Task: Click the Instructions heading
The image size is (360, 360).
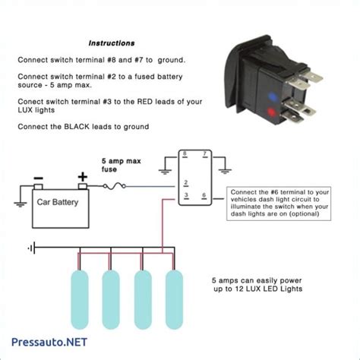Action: click(x=112, y=43)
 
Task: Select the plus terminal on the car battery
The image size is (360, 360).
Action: click(x=82, y=179)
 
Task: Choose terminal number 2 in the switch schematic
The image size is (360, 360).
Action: click(x=185, y=183)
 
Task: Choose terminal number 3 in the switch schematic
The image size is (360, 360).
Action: click(x=185, y=197)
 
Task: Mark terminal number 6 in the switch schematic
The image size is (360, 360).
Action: click(x=204, y=197)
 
